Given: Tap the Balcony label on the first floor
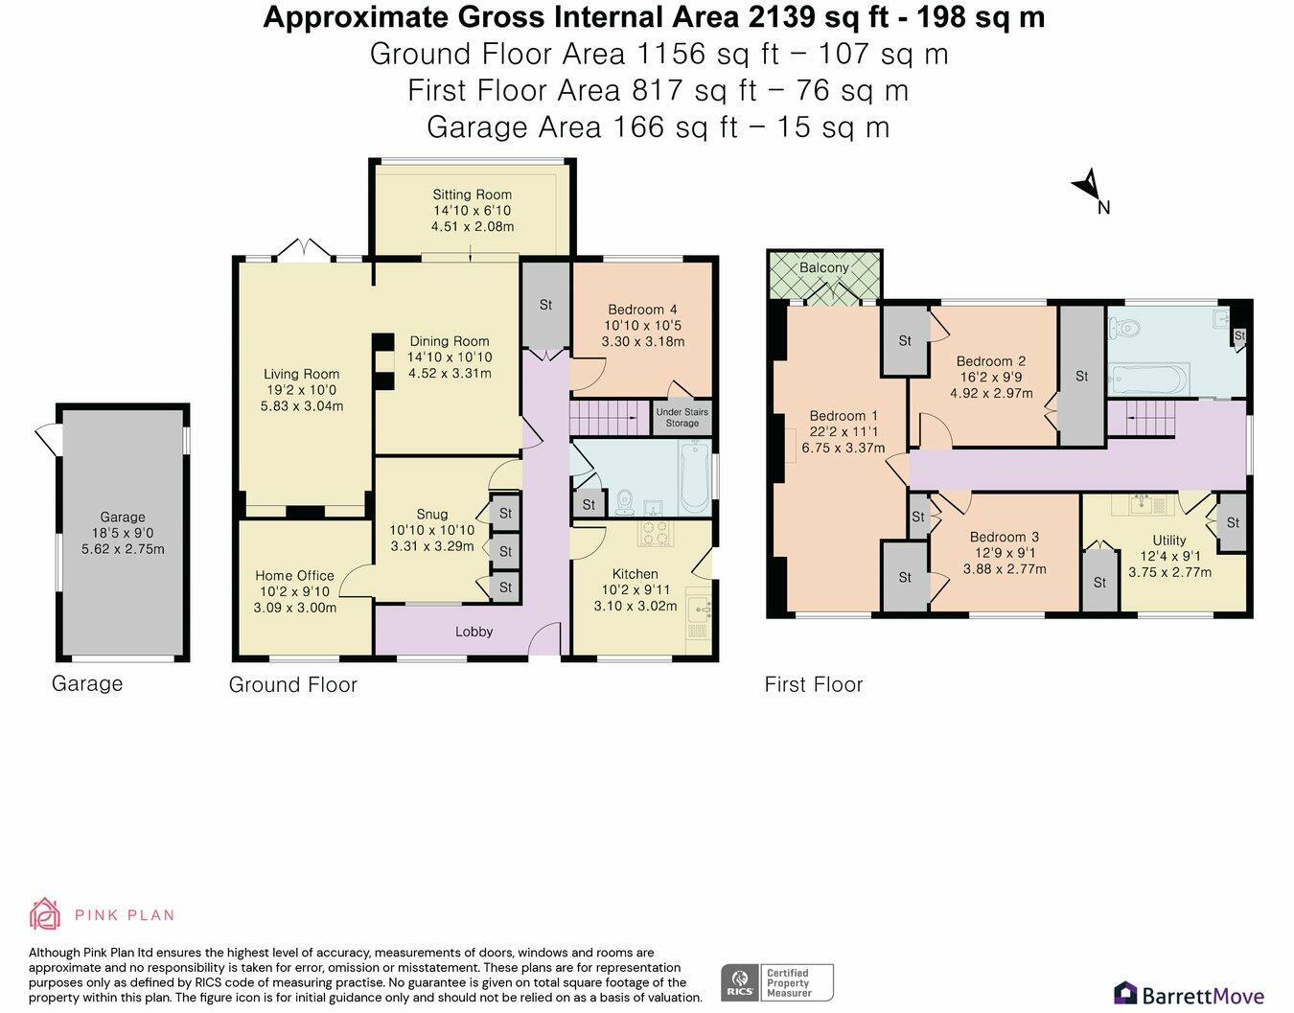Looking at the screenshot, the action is (x=823, y=267).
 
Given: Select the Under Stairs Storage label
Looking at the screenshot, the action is (x=682, y=417).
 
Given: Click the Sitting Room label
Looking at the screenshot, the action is (x=473, y=195).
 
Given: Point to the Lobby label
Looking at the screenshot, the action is (x=474, y=632).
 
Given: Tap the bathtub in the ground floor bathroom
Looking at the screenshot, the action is (x=693, y=477).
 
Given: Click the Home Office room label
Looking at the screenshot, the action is (x=295, y=576).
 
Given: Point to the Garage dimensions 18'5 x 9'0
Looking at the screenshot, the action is (x=123, y=533).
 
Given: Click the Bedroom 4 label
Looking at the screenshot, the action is (x=642, y=310).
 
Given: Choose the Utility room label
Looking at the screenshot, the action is (x=1169, y=541).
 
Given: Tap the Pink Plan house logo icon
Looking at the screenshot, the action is (x=45, y=913).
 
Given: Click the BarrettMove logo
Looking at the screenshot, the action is (x=1189, y=996).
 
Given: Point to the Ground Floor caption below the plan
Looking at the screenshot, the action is (x=293, y=684).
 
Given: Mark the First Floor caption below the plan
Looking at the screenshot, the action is (x=814, y=684).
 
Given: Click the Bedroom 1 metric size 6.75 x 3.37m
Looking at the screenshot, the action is (x=843, y=449).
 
